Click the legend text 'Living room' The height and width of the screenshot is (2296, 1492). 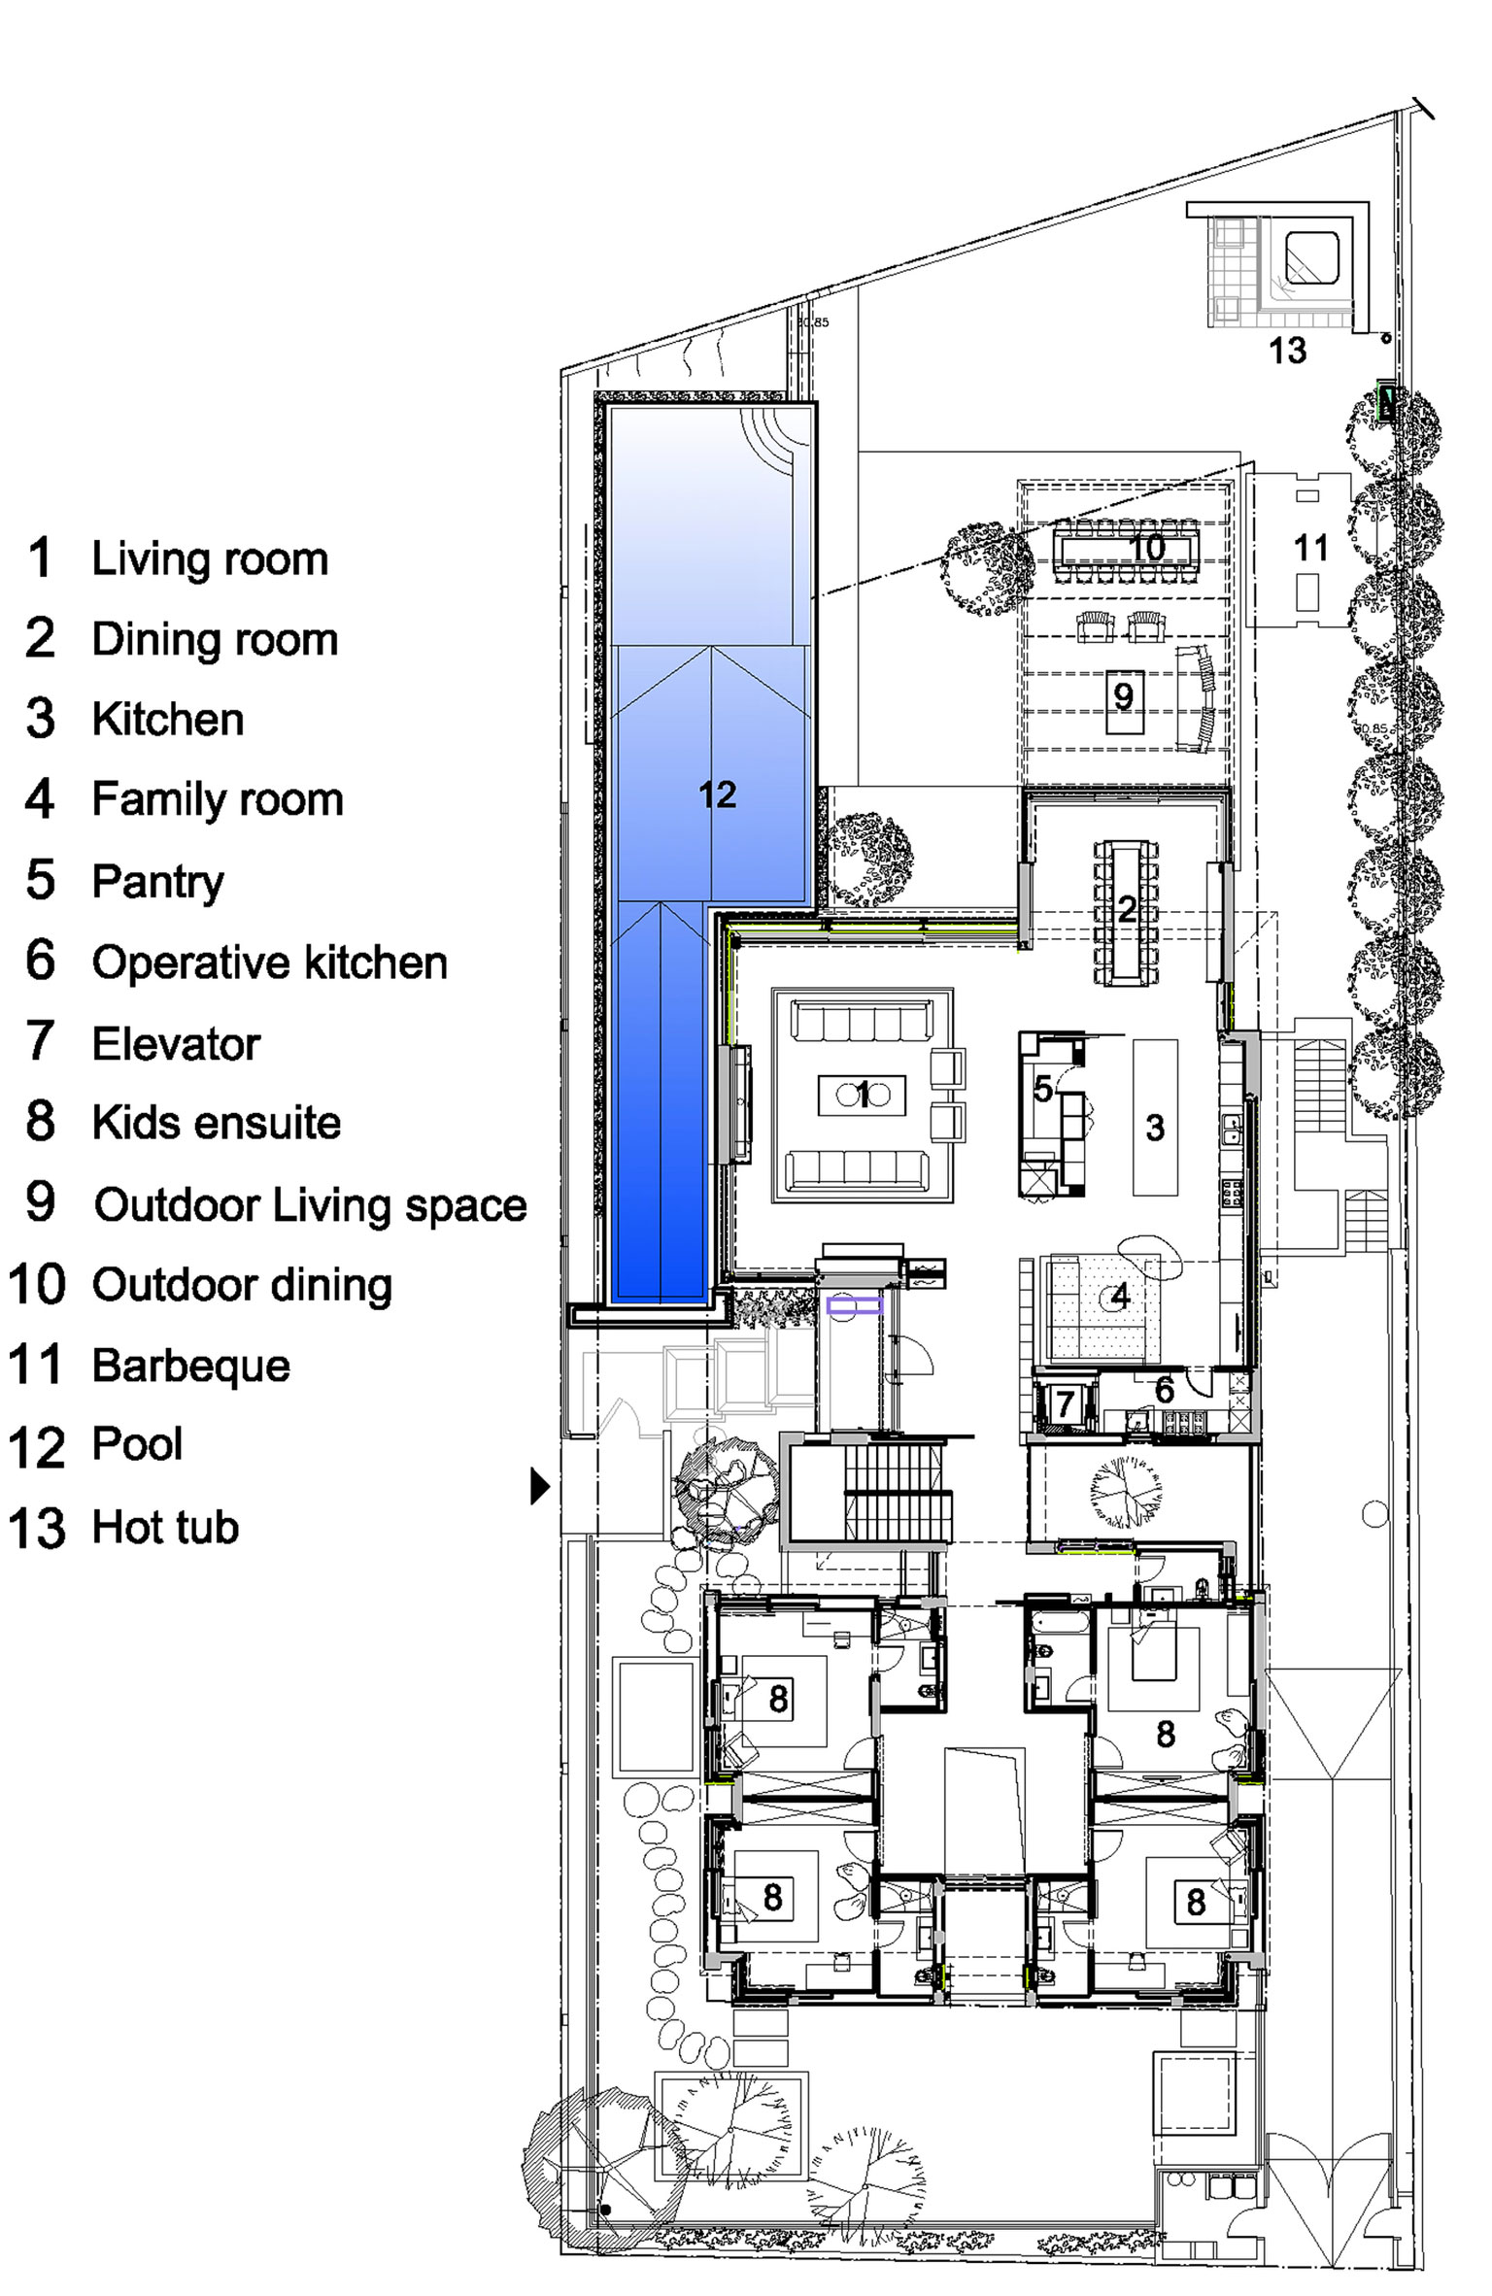[x=210, y=558]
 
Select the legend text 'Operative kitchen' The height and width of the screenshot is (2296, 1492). [x=270, y=962]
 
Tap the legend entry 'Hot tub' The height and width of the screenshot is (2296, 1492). [x=165, y=1527]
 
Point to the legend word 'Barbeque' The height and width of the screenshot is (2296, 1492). [x=191, y=1367]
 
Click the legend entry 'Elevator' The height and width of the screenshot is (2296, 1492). [x=176, y=1044]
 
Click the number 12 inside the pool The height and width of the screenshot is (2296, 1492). [x=718, y=794]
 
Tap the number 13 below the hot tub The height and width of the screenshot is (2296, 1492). [x=1288, y=351]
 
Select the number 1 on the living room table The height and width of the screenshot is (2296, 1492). [x=863, y=1095]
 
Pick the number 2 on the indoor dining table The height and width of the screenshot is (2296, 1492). [x=1127, y=908]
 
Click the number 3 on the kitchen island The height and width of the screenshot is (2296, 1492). [x=1155, y=1128]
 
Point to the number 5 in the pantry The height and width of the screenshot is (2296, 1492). [x=1043, y=1089]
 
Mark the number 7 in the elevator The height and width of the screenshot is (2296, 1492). [x=1066, y=1403]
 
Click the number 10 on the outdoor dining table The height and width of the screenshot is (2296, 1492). [x=1147, y=548]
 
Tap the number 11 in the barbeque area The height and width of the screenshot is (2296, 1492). [x=1311, y=549]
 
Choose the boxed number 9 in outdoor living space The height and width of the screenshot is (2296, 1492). [x=1124, y=696]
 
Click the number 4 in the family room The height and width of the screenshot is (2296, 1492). [x=1121, y=1295]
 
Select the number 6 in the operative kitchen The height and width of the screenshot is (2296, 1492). [x=1165, y=1390]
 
